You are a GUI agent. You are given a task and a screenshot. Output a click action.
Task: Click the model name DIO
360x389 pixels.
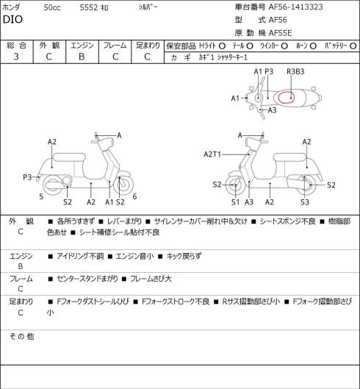coord(12,19)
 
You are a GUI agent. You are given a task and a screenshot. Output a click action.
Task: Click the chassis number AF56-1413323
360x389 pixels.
coord(295,7)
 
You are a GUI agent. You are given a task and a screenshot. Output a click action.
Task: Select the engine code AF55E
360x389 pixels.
coord(280,33)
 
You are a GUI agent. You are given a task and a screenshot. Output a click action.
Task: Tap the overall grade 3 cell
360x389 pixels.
coord(16,57)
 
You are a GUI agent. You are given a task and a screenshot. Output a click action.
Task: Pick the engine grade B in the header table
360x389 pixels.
coord(82,57)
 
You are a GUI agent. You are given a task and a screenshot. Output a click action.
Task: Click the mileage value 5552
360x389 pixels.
coord(89,7)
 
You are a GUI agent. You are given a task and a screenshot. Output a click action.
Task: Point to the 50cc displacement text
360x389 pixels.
coord(52,7)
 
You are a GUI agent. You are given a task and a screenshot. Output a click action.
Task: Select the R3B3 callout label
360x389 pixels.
coord(295,71)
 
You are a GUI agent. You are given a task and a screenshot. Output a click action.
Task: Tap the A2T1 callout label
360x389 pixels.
coord(212,154)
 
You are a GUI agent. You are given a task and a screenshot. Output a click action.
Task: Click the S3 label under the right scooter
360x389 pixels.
coord(305,202)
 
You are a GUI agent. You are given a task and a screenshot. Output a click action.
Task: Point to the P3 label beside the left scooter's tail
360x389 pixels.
coord(27,177)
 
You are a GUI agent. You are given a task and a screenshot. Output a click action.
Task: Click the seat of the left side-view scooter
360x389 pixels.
coord(69,157)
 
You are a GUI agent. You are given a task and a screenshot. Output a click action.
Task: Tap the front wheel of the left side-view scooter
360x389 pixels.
coord(123,185)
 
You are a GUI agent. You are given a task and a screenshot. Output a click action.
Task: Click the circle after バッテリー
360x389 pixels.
coord(353,46)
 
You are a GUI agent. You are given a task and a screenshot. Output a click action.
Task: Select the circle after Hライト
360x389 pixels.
coord(222,46)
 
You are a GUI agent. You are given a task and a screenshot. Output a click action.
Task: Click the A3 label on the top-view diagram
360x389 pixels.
coord(273,110)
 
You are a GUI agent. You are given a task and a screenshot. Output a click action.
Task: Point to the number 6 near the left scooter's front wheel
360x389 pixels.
coord(134,196)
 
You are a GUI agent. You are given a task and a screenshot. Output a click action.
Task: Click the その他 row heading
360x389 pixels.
coord(21,336)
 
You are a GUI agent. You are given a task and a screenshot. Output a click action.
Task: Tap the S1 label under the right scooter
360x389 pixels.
coord(236,202)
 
